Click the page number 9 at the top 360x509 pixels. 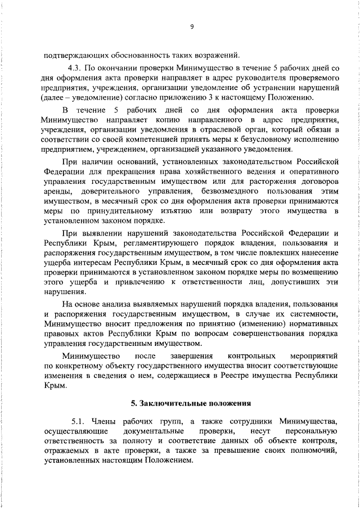(192, 26)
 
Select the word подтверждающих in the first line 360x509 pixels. (70, 55)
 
